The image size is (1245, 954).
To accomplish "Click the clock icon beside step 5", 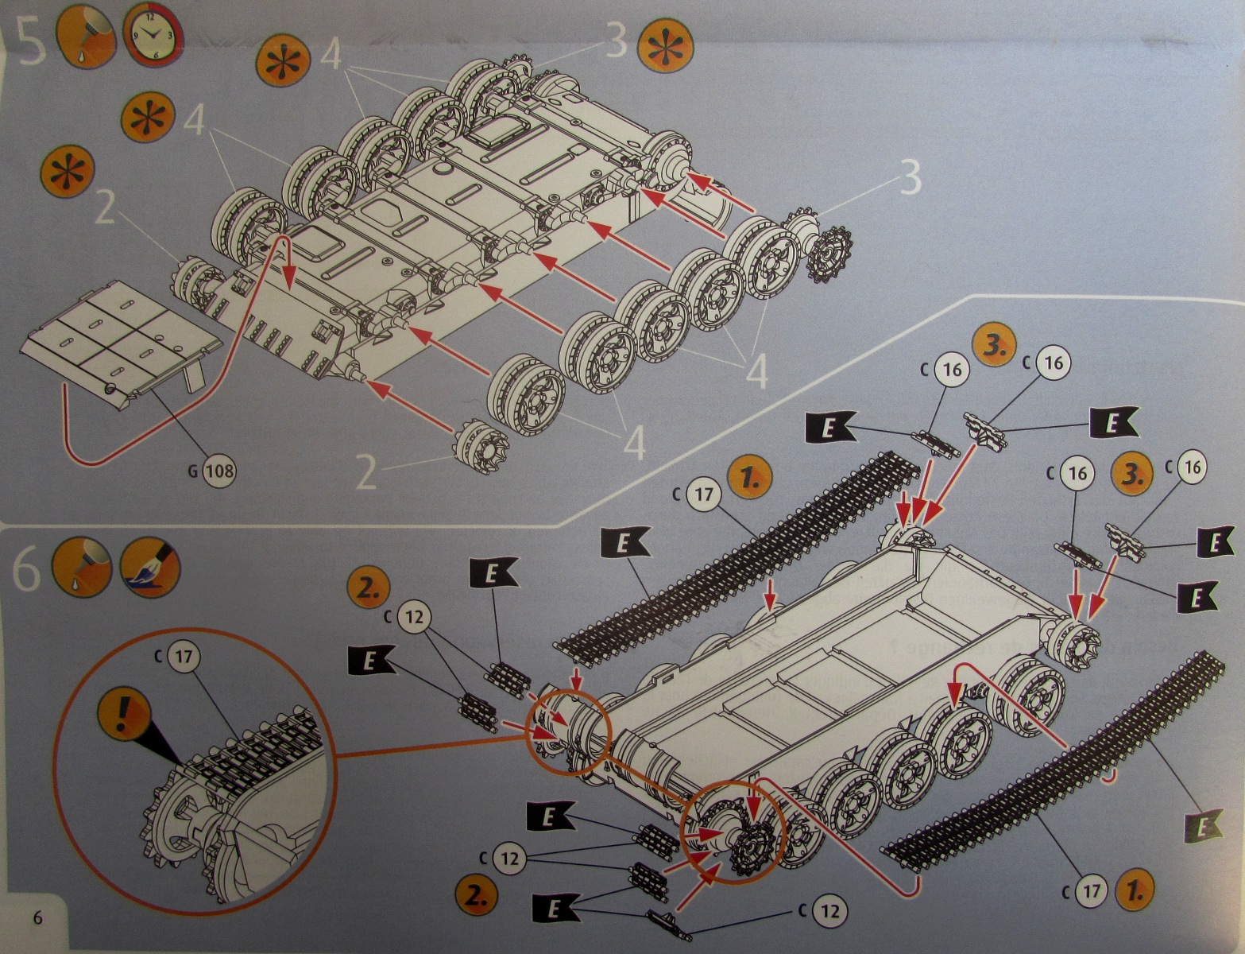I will pyautogui.click(x=153, y=36).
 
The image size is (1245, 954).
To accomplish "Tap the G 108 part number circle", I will pyautogui.click(x=219, y=471).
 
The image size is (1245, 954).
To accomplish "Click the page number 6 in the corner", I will pyautogui.click(x=37, y=917).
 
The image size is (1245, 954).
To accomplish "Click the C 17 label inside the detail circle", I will pyautogui.click(x=184, y=657).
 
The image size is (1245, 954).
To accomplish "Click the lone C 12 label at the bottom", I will pyautogui.click(x=828, y=910).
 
